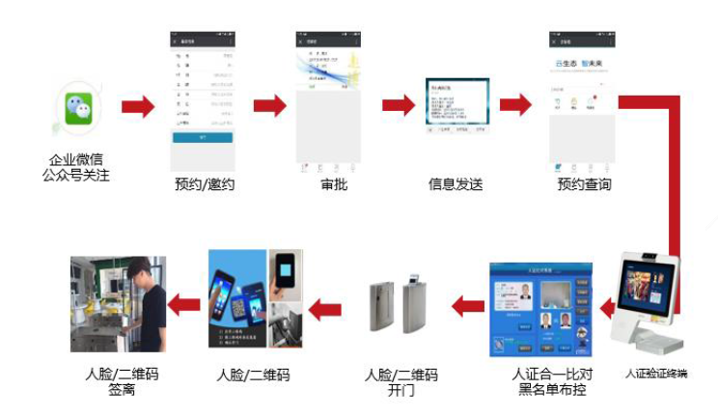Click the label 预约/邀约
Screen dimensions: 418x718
tap(205, 184)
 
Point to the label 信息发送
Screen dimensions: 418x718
tap(456, 184)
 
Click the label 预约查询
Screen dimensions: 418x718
tap(584, 184)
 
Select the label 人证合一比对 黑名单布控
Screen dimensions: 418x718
tap(538, 380)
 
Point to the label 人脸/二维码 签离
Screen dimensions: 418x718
tap(119, 380)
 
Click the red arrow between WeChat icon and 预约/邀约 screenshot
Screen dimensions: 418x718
tap(138, 106)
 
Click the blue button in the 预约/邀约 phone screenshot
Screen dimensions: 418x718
tap(203, 138)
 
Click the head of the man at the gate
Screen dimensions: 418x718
tap(139, 269)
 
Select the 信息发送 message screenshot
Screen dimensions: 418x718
tap(456, 107)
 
